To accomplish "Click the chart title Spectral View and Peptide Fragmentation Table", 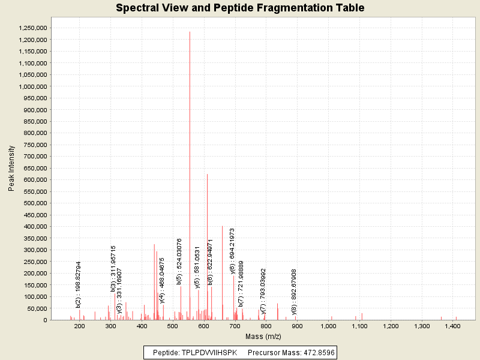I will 240,8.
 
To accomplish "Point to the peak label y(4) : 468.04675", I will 162,281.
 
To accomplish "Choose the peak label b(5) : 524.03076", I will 179,262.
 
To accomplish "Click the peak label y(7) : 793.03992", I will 263,291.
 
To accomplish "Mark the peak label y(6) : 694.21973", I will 232,251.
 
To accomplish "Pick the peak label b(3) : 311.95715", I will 113,268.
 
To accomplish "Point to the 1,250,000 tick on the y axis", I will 33,28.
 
